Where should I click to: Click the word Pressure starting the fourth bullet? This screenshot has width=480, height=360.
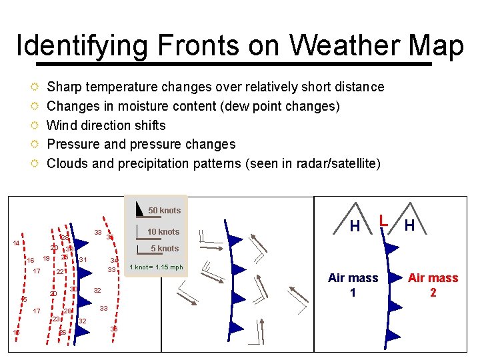click(x=73, y=144)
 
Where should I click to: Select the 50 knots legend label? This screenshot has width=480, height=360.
click(x=164, y=211)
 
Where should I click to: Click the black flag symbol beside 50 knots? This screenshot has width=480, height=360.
click(x=139, y=209)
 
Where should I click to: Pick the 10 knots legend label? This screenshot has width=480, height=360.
click(x=163, y=232)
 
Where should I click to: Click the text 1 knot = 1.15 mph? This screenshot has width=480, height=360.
click(x=156, y=267)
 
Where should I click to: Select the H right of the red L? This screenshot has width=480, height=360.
click(x=409, y=226)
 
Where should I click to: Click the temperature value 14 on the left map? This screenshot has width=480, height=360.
click(x=15, y=243)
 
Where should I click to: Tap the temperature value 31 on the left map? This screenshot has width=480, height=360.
click(x=83, y=259)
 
